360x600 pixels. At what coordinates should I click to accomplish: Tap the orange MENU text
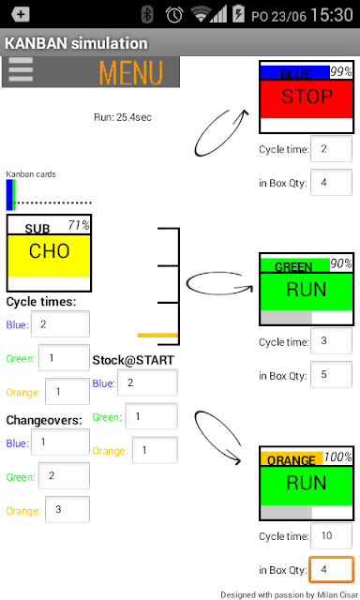131,72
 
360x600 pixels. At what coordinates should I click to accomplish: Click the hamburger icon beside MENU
21,69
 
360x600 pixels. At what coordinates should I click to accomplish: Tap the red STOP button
307,98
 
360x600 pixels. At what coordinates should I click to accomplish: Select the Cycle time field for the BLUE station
331,149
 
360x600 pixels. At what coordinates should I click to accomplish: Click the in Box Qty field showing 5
331,375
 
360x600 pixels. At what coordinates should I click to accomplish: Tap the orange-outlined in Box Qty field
331,569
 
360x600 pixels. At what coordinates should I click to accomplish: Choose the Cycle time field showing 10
331,535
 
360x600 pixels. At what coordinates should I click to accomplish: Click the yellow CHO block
49,255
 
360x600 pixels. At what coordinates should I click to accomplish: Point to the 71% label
79,225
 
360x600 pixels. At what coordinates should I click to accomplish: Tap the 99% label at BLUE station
341,71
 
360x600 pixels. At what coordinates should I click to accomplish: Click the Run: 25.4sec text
123,117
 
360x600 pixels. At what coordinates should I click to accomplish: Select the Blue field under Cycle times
60,324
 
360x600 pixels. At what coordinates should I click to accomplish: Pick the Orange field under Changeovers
67,509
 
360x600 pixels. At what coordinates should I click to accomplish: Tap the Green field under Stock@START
152,416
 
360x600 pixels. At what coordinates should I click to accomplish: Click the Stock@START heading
133,360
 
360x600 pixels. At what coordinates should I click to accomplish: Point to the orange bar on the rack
157,336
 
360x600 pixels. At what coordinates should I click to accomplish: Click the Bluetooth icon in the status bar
147,15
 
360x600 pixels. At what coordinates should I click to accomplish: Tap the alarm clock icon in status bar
174,15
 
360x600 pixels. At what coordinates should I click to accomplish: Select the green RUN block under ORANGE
307,486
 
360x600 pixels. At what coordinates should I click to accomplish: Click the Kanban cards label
31,174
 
